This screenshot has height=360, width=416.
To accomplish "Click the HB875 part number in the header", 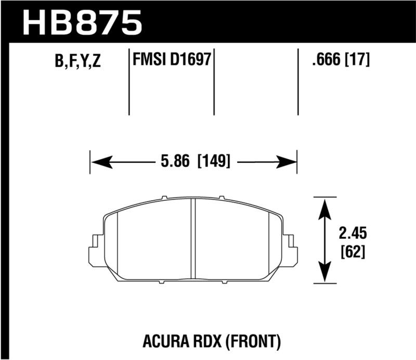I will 83,22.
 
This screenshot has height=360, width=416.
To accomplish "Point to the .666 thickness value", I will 322,60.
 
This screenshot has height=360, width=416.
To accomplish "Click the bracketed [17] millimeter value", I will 357,60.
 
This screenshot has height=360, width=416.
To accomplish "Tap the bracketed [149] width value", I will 214,161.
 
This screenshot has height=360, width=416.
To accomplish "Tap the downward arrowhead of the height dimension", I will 325,274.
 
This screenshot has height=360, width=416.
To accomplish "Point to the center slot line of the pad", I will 193,239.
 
